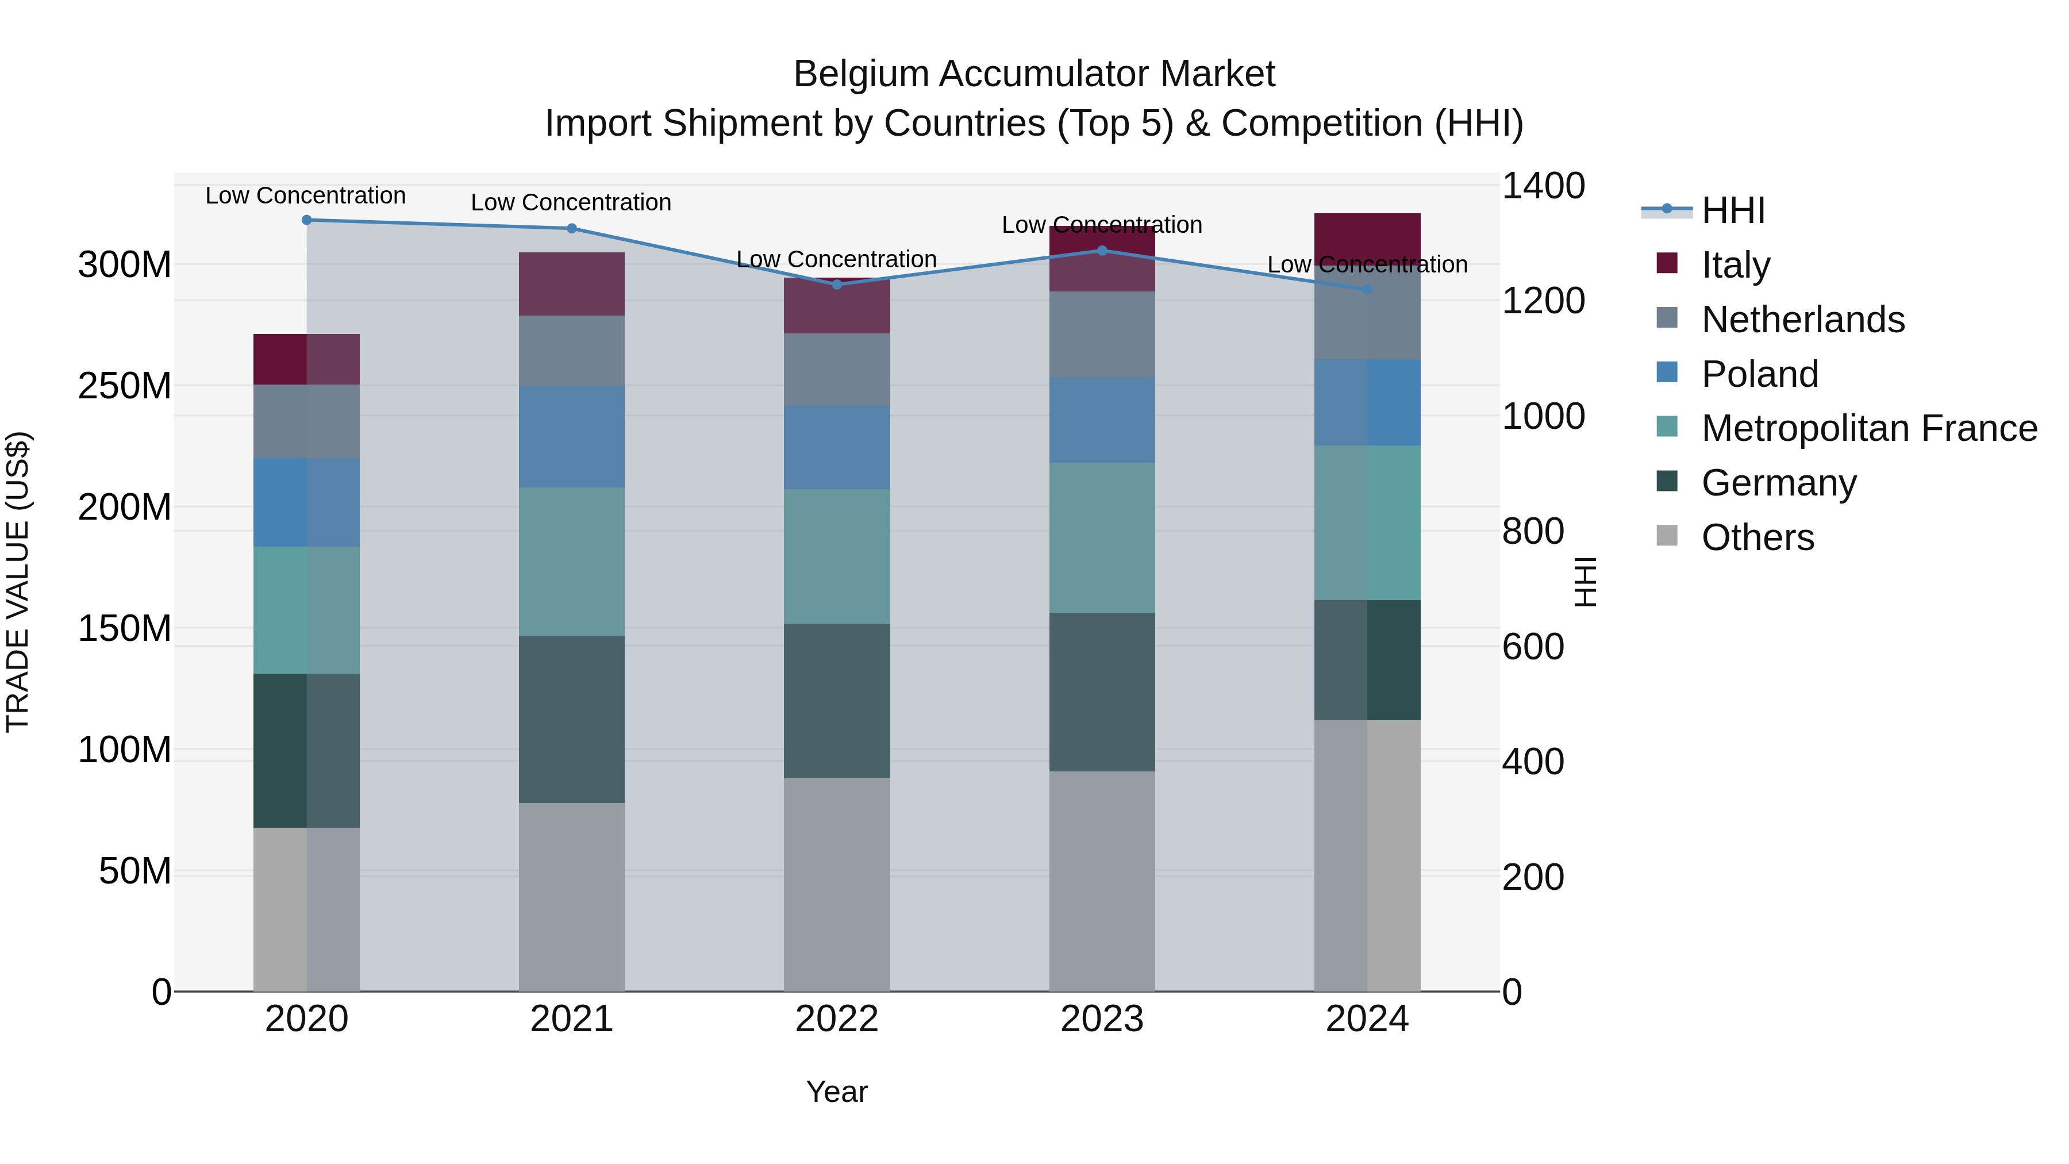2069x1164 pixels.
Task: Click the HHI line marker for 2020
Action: pos(306,220)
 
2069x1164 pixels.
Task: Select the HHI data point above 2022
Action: pos(837,285)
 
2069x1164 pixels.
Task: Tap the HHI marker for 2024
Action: pos(1368,289)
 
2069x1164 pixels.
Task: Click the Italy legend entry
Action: pos(1735,265)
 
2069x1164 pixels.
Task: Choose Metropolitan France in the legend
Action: pos(1868,428)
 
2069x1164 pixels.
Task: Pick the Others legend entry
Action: pos(1758,537)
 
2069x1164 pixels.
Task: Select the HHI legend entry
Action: pos(1732,210)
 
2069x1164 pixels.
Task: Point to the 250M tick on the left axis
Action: pos(125,386)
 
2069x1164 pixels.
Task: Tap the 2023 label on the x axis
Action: pos(1102,1019)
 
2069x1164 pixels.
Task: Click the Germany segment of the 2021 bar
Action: pos(571,719)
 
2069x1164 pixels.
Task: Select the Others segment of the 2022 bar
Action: pos(837,883)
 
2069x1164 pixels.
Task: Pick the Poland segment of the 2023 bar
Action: pos(1102,420)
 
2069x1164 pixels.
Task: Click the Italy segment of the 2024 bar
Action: pos(1368,237)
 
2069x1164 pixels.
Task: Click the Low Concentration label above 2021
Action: pos(571,202)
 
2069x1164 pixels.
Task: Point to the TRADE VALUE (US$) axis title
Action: pos(18,582)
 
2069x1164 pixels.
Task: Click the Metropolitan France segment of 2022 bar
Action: pos(837,556)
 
